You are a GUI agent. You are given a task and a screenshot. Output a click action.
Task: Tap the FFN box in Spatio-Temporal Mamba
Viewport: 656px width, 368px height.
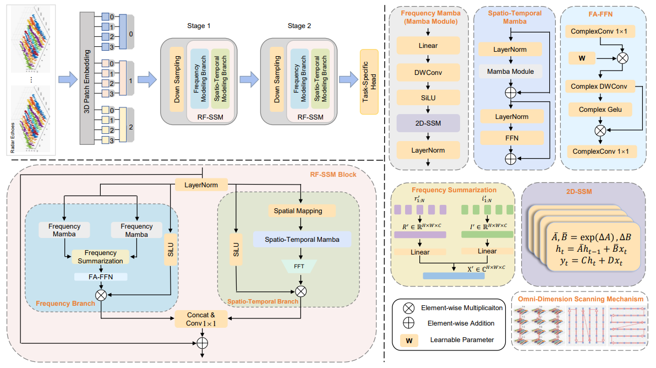[511, 137]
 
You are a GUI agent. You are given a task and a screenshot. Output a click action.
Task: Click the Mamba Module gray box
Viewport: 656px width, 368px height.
[511, 71]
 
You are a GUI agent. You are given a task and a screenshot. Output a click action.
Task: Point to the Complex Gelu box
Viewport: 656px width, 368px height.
[598, 110]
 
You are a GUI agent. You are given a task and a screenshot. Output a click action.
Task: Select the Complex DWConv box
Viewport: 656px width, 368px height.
[598, 86]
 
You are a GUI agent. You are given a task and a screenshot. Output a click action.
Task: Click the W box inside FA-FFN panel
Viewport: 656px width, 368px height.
[582, 57]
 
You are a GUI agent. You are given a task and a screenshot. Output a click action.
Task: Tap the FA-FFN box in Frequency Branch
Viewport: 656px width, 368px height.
[101, 277]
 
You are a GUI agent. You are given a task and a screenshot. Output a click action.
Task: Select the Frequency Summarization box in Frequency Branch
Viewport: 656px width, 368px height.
[101, 256]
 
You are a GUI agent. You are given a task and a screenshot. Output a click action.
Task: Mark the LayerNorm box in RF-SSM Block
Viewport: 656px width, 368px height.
[201, 185]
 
